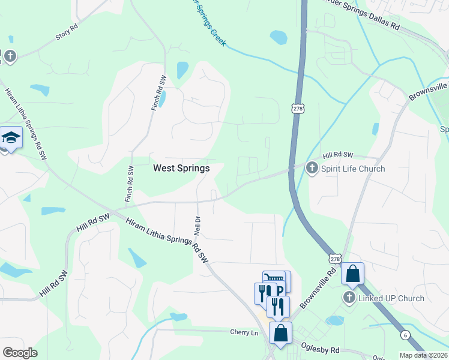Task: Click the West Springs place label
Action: (181, 169)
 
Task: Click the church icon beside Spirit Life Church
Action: (312, 168)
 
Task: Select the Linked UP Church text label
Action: (391, 298)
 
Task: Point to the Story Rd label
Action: (67, 32)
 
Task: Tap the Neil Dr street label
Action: (197, 225)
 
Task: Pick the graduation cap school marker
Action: (11, 139)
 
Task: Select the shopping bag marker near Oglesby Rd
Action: (280, 332)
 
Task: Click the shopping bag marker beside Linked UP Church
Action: (353, 274)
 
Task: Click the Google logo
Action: (20, 353)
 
